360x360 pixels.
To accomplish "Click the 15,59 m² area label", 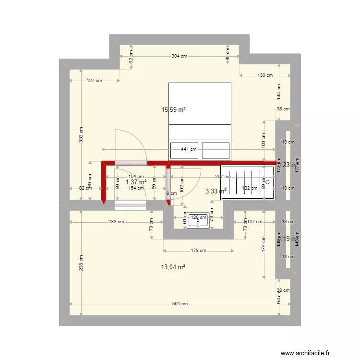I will pyautogui.click(x=173, y=109).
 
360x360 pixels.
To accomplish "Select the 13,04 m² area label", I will pyautogui.click(x=173, y=267).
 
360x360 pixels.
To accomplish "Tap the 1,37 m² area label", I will pyautogui.click(x=136, y=182).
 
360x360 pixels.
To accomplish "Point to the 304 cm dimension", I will pyautogui.click(x=179, y=56).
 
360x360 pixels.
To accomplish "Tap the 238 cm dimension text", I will pyautogui.click(x=116, y=222).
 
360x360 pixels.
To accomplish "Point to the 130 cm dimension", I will pyautogui.click(x=264, y=75).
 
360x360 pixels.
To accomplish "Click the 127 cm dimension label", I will pyautogui.click(x=95, y=81).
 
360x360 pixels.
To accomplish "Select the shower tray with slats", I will pyautogui.click(x=248, y=182).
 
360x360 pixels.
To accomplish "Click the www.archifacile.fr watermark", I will pyautogui.click(x=306, y=353).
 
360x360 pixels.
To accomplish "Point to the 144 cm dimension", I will pyautogui.click(x=278, y=91).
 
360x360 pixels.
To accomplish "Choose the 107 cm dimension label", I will pyautogui.click(x=254, y=222).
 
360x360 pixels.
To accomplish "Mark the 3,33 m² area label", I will pyautogui.click(x=215, y=191).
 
